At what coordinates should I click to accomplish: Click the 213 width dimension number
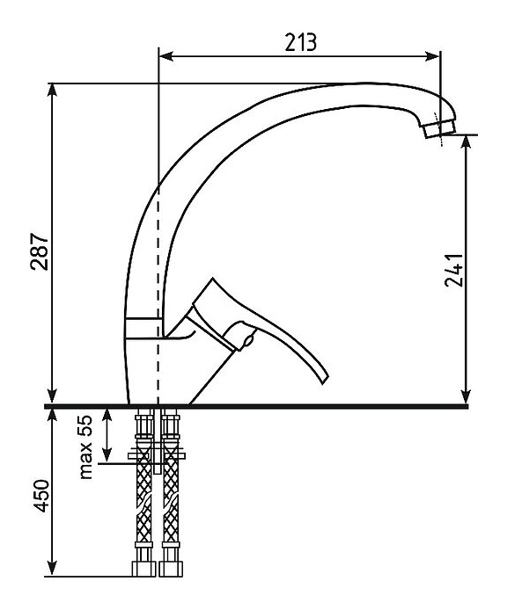300,42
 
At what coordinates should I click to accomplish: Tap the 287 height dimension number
40,251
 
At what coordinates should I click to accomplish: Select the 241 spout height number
454,270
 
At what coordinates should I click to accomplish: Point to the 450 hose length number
40,496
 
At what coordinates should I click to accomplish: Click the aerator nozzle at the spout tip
439,129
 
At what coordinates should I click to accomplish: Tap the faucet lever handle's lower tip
324,380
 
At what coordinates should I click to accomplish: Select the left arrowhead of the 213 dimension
166,56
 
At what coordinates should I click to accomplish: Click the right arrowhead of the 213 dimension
432,56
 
